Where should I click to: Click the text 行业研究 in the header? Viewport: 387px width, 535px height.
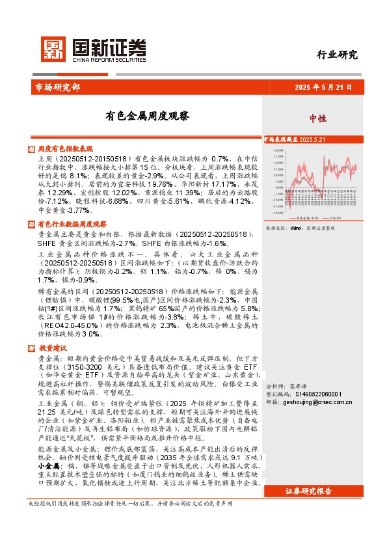(x=338, y=55)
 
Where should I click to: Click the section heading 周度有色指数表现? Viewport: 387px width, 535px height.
(x=66, y=148)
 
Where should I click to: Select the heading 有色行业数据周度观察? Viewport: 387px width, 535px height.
(x=71, y=224)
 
